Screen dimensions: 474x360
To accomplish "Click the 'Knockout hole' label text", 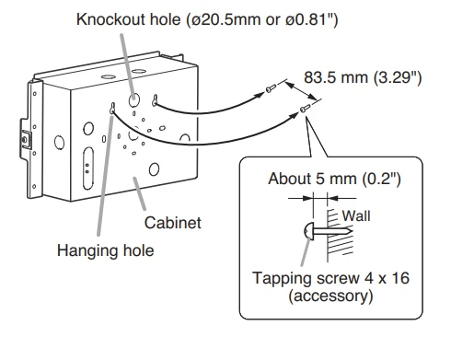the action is [x=128, y=19].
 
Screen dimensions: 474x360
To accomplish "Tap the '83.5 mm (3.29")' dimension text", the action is [x=363, y=77].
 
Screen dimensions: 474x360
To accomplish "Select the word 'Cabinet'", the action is [x=173, y=223].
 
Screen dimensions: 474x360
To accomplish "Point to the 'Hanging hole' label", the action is [x=105, y=250].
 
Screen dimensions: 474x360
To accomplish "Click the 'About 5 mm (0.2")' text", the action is [x=334, y=179].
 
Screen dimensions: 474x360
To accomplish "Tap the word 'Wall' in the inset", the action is [x=356, y=215].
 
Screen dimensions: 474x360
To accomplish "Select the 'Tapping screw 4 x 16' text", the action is [x=330, y=278].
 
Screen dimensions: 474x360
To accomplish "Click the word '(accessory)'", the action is [x=330, y=296].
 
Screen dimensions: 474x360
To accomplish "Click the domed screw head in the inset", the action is [x=309, y=231].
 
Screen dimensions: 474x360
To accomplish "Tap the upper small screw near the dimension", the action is [x=270, y=89].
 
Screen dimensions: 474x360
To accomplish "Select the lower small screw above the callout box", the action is [x=306, y=108].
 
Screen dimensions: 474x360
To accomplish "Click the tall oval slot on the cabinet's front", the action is [x=88, y=168].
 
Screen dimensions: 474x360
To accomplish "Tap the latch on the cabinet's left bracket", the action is [x=25, y=140].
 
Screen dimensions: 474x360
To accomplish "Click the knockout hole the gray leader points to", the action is [x=134, y=99].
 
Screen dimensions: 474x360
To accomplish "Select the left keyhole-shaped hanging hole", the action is [x=113, y=107].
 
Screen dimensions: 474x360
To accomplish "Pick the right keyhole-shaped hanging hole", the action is [x=156, y=100].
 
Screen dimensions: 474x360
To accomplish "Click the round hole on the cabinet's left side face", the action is [x=59, y=143].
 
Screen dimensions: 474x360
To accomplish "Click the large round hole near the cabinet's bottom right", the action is [x=154, y=169].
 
